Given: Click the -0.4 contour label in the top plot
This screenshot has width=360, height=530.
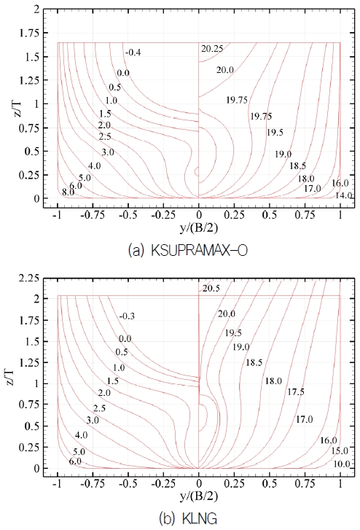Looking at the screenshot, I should coord(133,52).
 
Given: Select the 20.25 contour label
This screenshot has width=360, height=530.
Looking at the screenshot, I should coord(212,49).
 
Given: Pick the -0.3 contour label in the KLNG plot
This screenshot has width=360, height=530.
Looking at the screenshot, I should coord(125,316).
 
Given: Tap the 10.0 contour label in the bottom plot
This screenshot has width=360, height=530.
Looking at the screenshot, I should coord(342,464).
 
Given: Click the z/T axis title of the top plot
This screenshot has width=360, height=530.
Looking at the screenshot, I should coord(15,104).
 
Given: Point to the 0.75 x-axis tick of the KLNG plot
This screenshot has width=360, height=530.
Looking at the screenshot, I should coord(305,482).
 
